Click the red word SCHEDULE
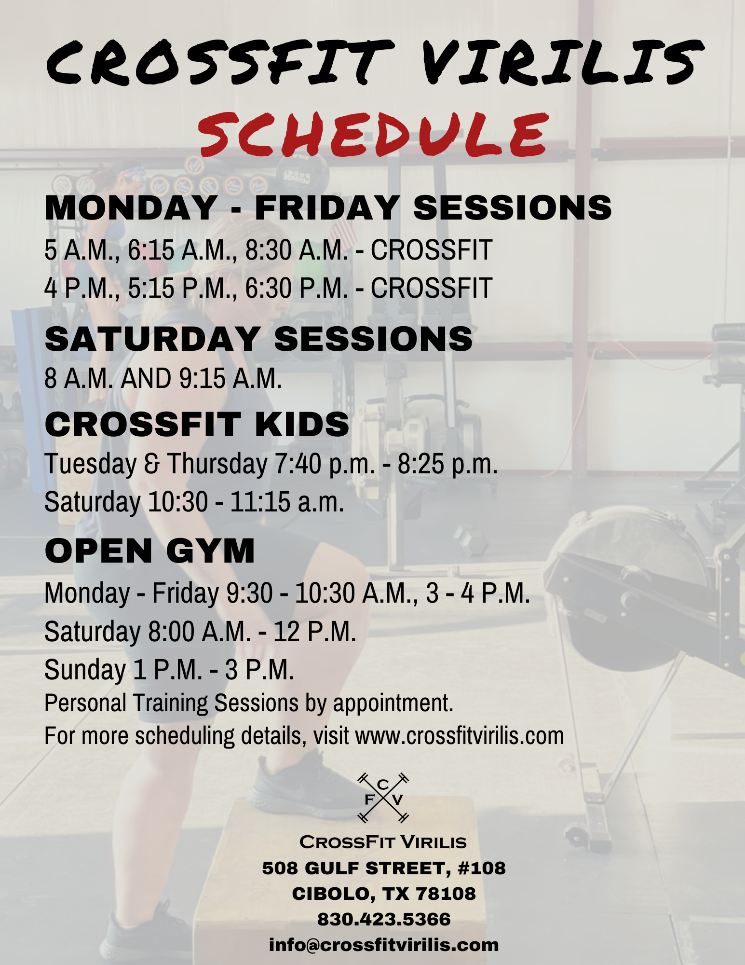pyautogui.click(x=373, y=135)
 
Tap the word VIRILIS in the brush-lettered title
pyautogui.click(x=562, y=61)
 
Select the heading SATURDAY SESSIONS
pyautogui.click(x=258, y=339)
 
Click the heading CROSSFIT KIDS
pyautogui.click(x=197, y=425)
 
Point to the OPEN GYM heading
pyautogui.click(x=149, y=551)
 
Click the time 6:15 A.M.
pyautogui.click(x=179, y=250)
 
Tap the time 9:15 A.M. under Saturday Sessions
pyautogui.click(x=230, y=378)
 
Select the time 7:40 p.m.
pyautogui.click(x=325, y=464)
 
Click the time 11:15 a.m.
pyautogui.click(x=287, y=502)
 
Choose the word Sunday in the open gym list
pyautogui.click(x=85, y=670)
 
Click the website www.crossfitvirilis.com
pyautogui.click(x=460, y=736)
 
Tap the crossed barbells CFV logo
pyautogui.click(x=383, y=798)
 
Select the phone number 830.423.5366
pyautogui.click(x=384, y=919)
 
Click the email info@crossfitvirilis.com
pyautogui.click(x=384, y=945)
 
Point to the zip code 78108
pyautogui.click(x=446, y=894)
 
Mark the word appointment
pyautogui.click(x=393, y=703)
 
